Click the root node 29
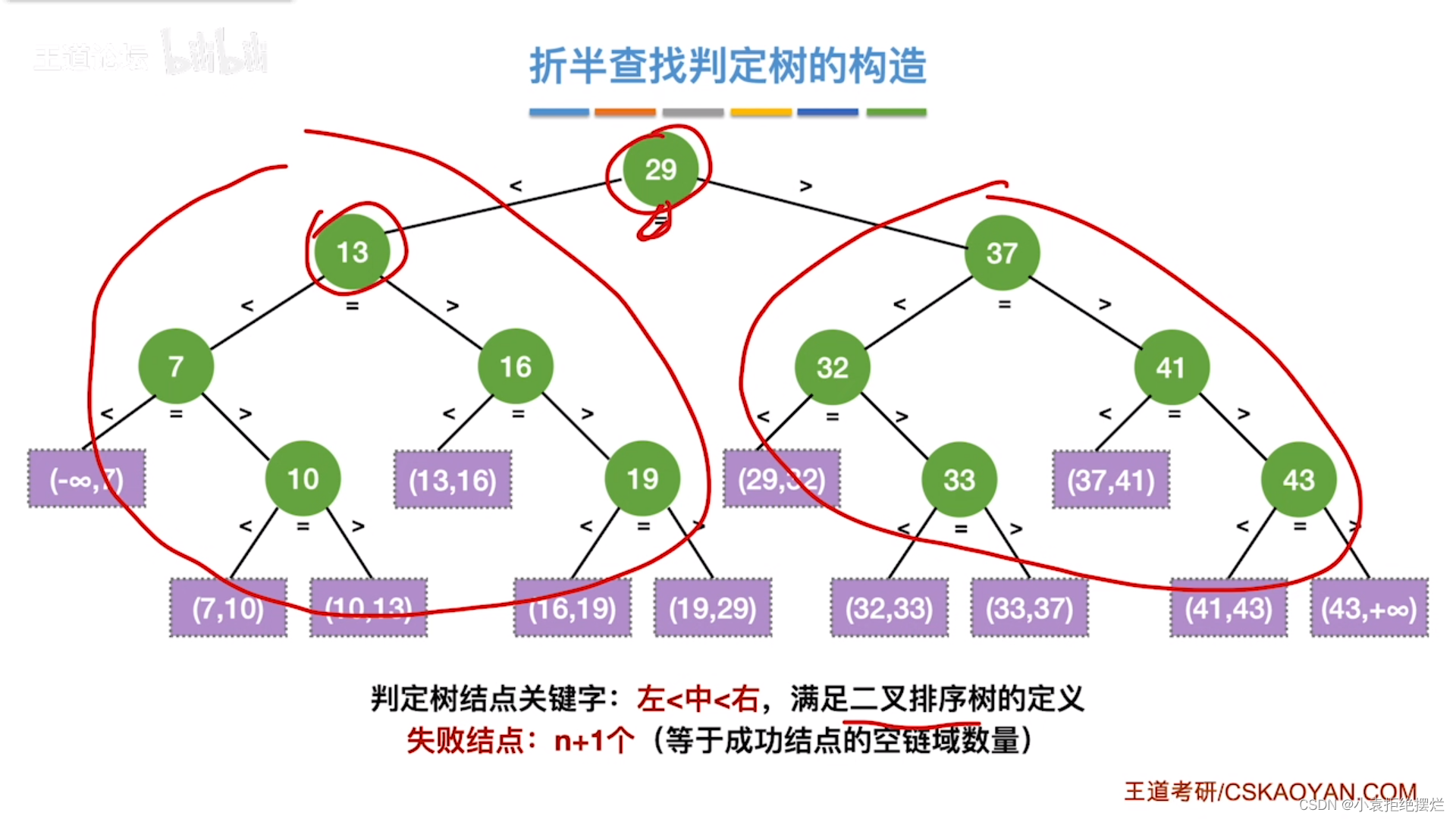pos(661,170)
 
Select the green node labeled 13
pos(353,253)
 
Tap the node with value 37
pos(1002,253)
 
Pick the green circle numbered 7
pos(176,366)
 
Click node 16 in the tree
pos(516,367)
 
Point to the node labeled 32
pos(832,368)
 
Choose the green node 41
pos(1171,368)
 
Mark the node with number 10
pos(303,479)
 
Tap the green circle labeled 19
pos(642,479)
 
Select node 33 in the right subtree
pos(959,480)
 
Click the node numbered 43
pos(1298,480)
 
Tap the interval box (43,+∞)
pos(1369,608)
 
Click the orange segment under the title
pos(625,112)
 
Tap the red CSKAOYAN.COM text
pos(1319,792)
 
